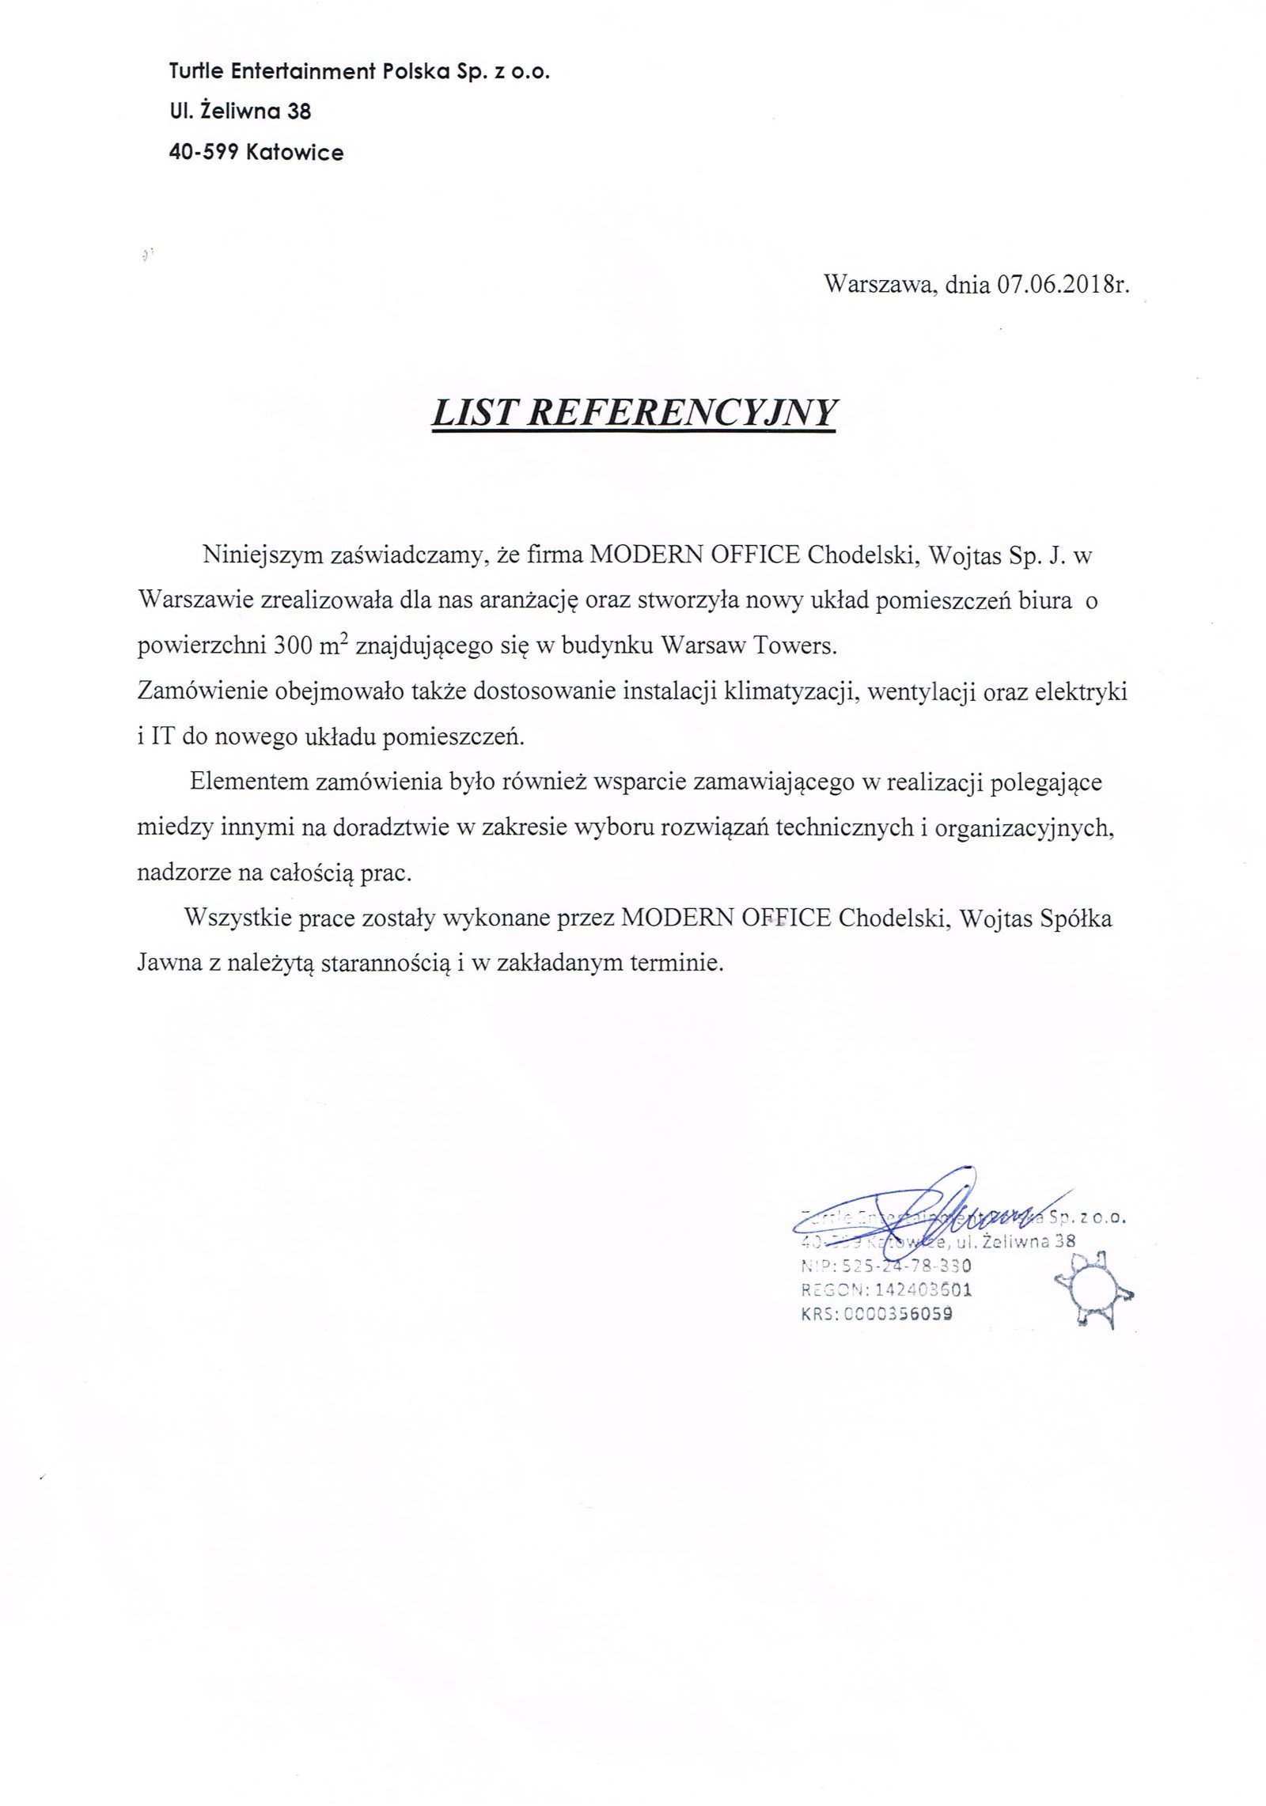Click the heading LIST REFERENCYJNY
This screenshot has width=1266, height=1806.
pos(633,413)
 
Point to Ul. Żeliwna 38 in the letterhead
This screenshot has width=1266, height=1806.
pos(240,112)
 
